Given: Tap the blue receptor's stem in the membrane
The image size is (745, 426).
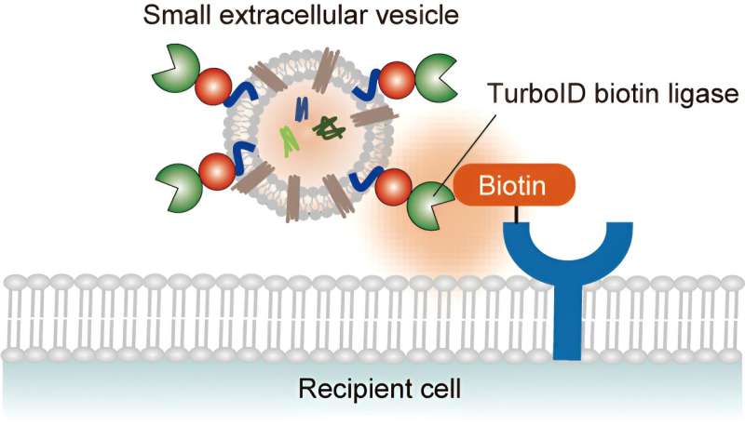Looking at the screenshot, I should tap(569, 316).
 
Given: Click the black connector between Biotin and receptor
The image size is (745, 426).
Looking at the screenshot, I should tap(513, 214).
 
